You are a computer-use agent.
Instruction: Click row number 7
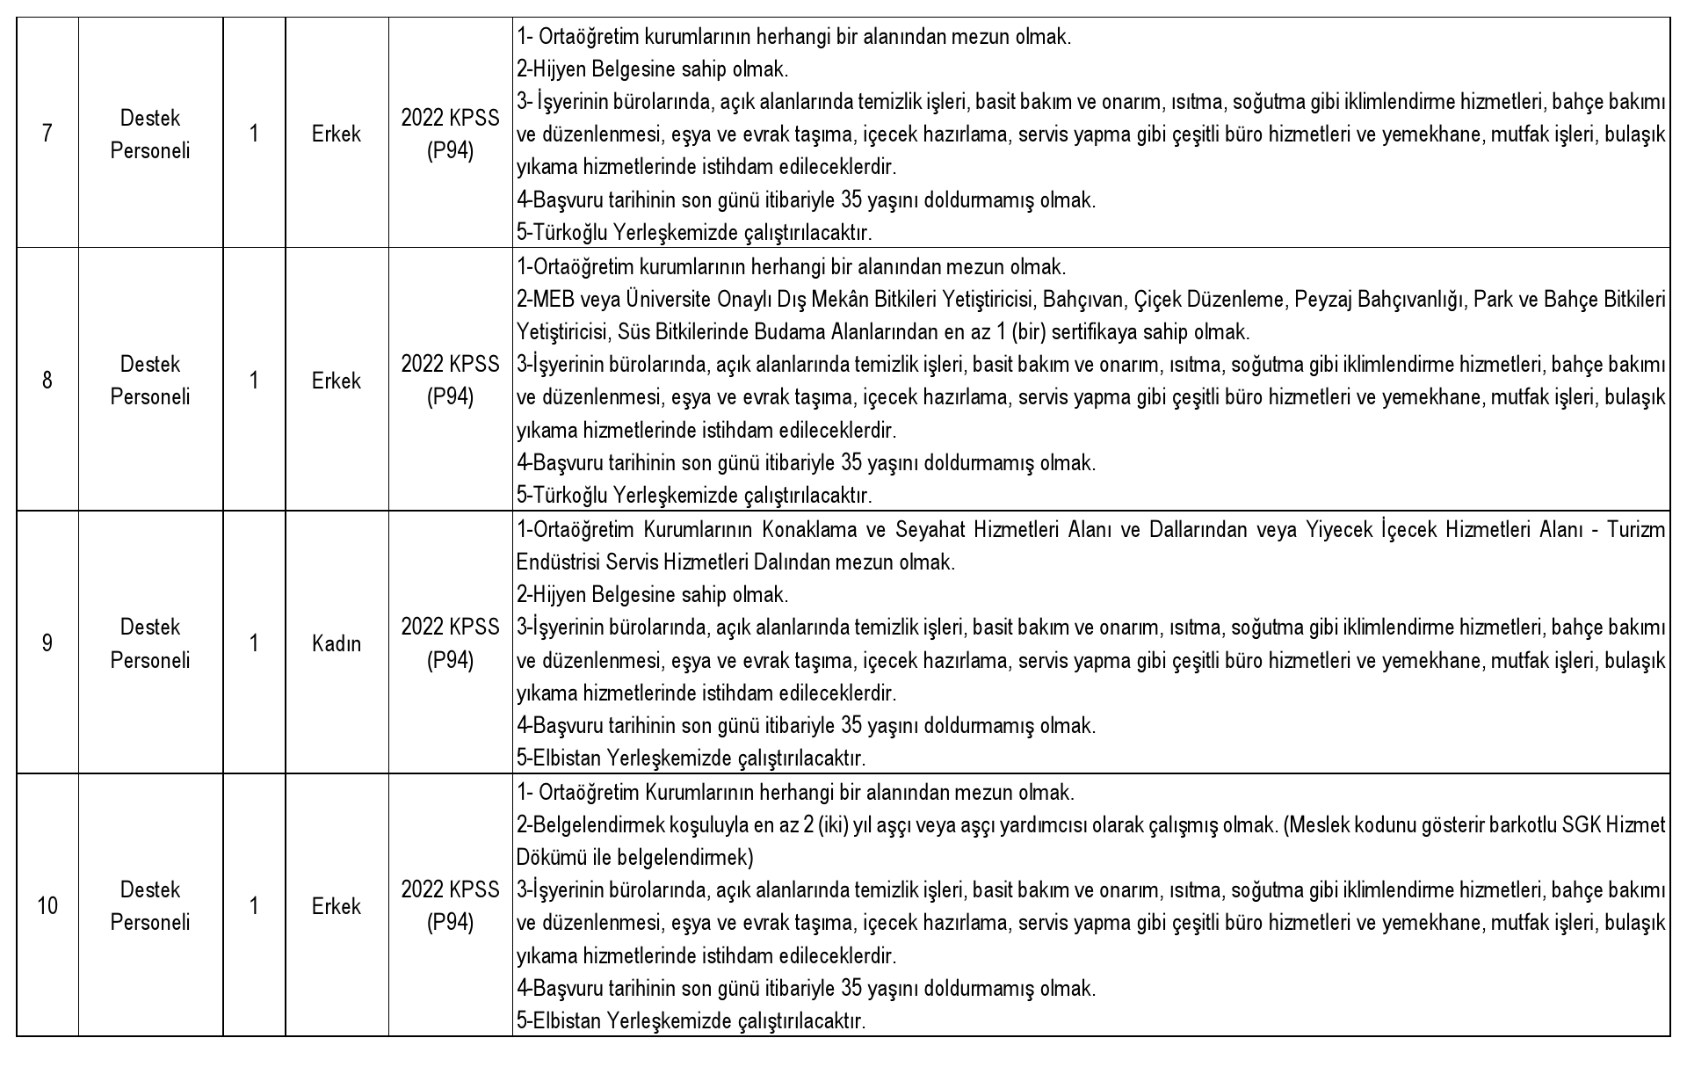(47, 134)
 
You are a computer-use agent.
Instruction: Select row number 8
(47, 381)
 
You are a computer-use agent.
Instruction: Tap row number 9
(47, 643)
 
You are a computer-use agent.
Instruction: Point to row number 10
(47, 906)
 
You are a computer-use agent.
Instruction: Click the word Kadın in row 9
(337, 644)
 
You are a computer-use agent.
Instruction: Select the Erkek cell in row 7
(337, 134)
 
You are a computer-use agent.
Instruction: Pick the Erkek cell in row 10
(337, 906)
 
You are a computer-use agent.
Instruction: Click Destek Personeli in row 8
(150, 381)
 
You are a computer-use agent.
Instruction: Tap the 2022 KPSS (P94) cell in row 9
(450, 643)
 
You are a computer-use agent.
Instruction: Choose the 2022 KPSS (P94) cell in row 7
(450, 134)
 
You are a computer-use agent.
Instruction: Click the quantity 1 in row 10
(254, 906)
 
